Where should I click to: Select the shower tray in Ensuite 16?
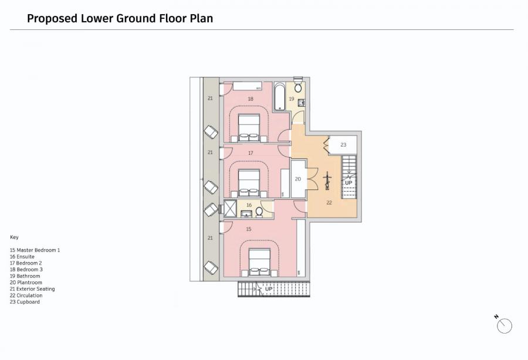[230, 208]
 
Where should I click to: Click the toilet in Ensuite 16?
[259, 212]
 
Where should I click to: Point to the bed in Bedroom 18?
[249, 128]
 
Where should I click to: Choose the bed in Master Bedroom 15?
[259, 263]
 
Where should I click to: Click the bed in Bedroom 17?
[249, 183]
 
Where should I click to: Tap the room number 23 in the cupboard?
[343, 145]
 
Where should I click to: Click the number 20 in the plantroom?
[297, 179]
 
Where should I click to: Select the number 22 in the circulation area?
[329, 202]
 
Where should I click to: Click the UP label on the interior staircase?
[348, 183]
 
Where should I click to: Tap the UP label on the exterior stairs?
[269, 289]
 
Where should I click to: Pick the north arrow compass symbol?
[504, 325]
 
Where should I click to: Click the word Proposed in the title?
[52, 19]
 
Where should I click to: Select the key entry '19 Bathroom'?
[25, 276]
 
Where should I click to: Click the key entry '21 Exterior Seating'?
[32, 288]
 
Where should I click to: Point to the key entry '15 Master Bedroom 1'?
[35, 250]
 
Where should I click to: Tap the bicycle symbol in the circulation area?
[327, 181]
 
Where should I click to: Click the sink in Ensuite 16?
[246, 213]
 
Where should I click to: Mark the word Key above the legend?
[14, 237]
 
